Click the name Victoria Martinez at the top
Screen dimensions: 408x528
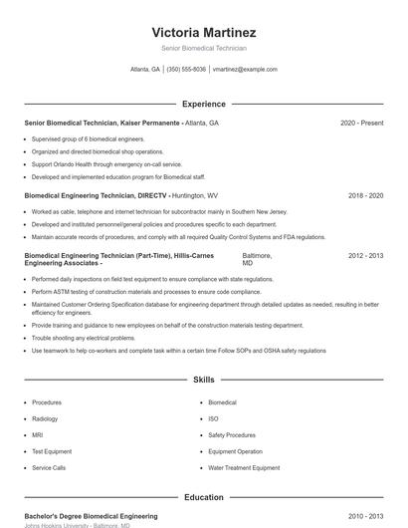point(203,32)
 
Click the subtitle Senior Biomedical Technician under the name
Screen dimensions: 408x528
point(203,48)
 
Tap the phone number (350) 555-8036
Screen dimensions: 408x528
point(187,70)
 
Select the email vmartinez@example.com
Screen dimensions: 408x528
point(245,70)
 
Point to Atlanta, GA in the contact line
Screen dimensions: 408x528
point(145,70)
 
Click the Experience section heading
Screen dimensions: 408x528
point(203,104)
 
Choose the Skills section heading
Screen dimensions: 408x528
point(203,380)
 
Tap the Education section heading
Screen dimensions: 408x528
point(203,497)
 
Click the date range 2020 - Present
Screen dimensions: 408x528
point(361,123)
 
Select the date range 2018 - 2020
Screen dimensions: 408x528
point(365,195)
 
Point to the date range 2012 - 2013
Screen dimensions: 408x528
point(365,256)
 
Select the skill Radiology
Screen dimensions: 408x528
point(46,418)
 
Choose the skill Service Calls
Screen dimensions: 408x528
point(49,467)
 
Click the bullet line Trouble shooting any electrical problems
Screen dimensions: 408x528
point(84,338)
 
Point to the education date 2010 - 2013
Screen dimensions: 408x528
point(365,516)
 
